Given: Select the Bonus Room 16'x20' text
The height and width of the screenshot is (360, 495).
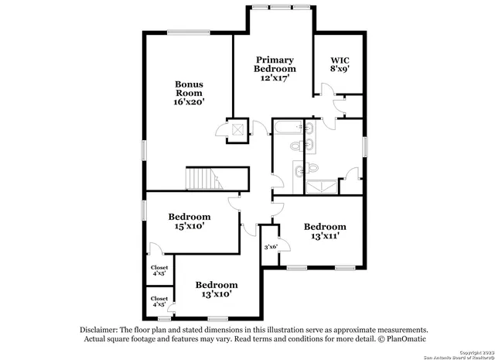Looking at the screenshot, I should (x=189, y=92).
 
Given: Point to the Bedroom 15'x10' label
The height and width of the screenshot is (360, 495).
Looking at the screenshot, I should (x=189, y=221).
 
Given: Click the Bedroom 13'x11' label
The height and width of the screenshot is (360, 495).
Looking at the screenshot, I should (x=325, y=231).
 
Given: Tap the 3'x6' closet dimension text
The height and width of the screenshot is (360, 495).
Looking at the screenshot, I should (x=271, y=247).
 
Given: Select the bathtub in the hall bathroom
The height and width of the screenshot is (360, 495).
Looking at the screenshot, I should (x=290, y=127).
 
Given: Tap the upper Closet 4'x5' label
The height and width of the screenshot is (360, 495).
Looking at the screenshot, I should (x=159, y=270).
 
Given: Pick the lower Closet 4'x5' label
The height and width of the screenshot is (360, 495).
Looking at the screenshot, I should (x=159, y=301).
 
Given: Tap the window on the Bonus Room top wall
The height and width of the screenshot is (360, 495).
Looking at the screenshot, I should (x=187, y=32).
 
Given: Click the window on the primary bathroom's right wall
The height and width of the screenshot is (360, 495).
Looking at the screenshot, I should (x=364, y=148).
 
